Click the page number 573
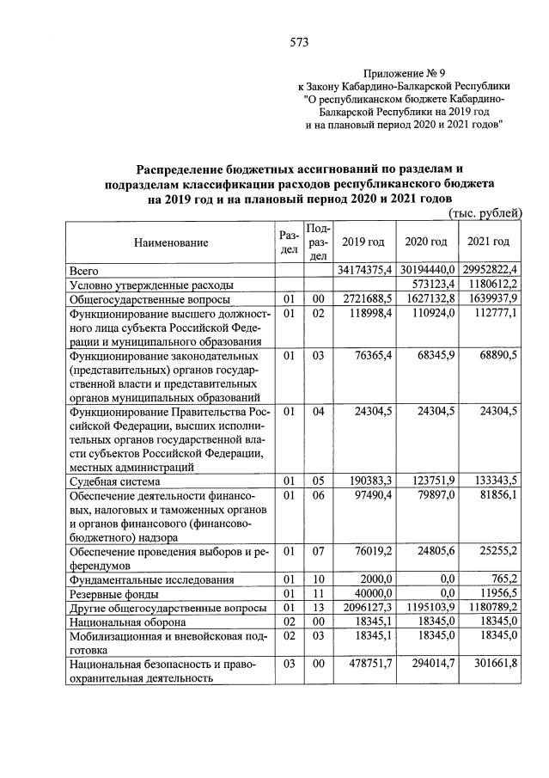click(x=299, y=41)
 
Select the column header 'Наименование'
click(x=170, y=243)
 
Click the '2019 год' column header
click(x=363, y=242)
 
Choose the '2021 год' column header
click(x=488, y=242)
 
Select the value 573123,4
click(x=429, y=285)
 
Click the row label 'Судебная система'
click(x=115, y=482)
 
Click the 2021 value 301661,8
click(x=492, y=664)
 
